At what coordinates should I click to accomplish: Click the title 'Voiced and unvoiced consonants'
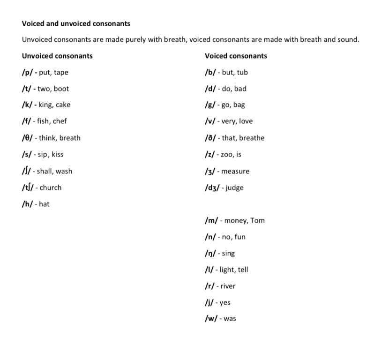[x=76, y=23]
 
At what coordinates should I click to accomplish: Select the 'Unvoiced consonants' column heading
[x=57, y=56]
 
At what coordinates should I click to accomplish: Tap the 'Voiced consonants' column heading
[x=236, y=56]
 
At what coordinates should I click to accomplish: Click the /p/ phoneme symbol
[x=27, y=73]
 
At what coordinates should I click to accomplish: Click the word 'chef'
[x=60, y=121]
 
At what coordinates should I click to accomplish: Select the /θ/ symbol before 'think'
[x=28, y=138]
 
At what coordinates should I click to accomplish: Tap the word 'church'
[x=51, y=187]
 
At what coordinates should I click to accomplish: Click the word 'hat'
[x=44, y=204]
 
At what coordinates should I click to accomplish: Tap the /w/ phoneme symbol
[x=211, y=319]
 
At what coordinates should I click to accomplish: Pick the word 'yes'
[x=225, y=303]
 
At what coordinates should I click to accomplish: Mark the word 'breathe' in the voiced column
[x=252, y=138]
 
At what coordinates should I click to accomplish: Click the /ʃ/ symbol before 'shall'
[x=27, y=171]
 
